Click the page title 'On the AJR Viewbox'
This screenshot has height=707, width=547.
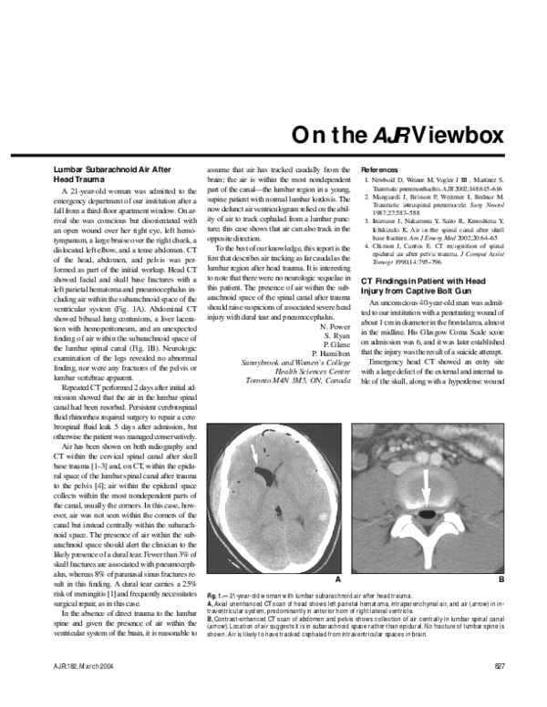(397, 136)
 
